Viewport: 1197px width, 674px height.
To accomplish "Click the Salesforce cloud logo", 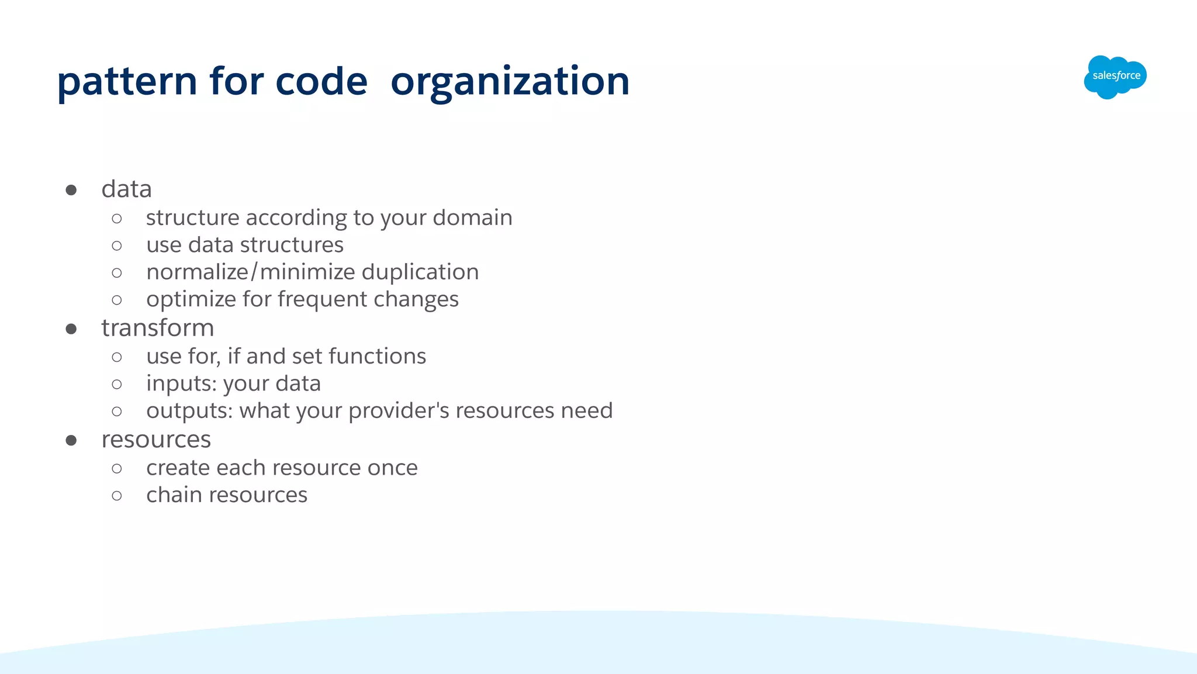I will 1115,77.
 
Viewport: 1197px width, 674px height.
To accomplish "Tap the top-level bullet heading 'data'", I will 126,189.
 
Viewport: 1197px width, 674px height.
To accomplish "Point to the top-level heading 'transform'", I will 157,328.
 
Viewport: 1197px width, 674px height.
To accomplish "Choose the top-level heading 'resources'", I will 155,440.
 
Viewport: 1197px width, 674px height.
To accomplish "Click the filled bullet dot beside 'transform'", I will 71,329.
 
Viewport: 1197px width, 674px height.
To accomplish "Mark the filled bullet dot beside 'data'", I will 71,190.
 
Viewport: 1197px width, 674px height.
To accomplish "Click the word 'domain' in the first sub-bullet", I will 472,217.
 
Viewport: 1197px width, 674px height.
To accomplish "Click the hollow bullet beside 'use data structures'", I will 117,246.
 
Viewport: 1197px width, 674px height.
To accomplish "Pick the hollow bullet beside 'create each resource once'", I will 117,468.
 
